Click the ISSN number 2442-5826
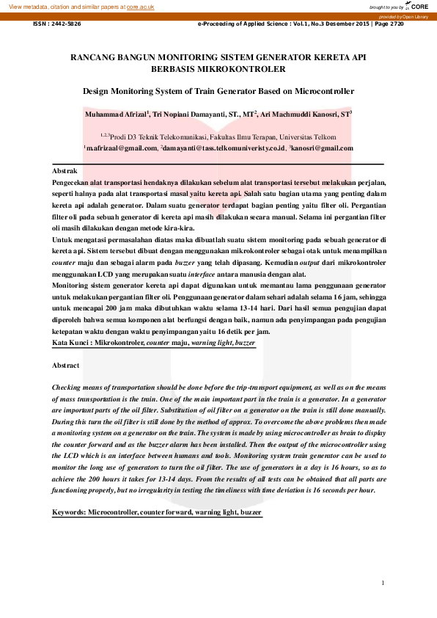click(67, 24)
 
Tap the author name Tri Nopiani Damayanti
click(192, 114)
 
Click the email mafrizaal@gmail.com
click(122, 148)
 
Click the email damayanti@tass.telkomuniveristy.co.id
click(223, 148)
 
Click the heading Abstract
click(70, 365)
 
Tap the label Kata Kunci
click(72, 342)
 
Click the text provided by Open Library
click(407, 16)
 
